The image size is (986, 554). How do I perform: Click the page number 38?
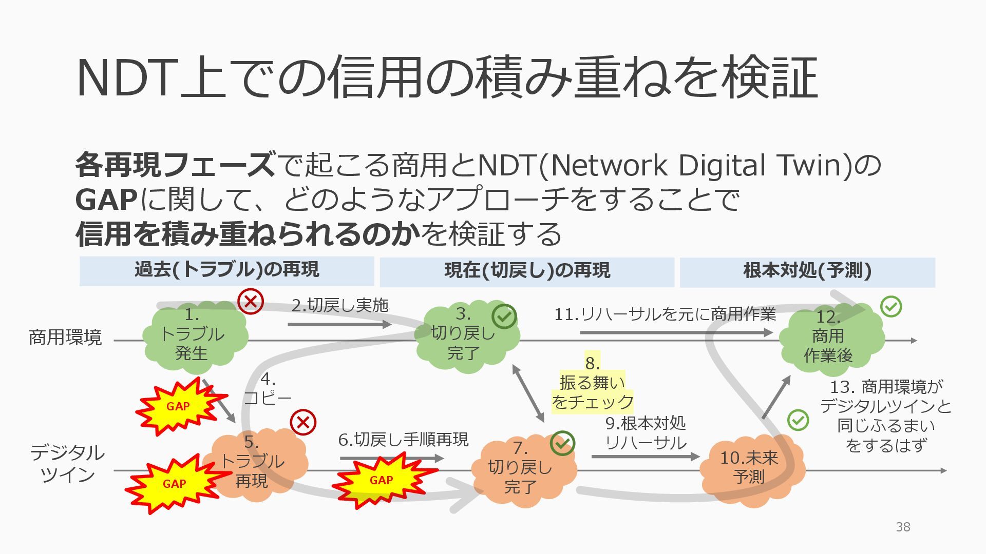point(903,527)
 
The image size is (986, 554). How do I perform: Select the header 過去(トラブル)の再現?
point(226,270)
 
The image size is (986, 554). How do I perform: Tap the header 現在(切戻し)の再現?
point(527,271)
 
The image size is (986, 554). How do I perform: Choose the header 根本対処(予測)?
point(807,271)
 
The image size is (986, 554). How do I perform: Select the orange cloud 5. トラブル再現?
point(254,462)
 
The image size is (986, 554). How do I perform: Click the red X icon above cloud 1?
point(251,301)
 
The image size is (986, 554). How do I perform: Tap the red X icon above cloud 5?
point(303,423)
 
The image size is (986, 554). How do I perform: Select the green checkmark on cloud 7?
point(562,443)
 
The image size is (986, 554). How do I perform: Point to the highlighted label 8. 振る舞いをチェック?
point(592,383)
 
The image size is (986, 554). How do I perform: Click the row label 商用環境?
point(65,338)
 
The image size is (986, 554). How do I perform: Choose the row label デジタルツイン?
point(67,464)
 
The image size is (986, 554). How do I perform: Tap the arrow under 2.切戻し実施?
point(339,324)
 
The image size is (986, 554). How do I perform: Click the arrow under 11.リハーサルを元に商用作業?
point(675,332)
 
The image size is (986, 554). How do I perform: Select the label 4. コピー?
point(268,388)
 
